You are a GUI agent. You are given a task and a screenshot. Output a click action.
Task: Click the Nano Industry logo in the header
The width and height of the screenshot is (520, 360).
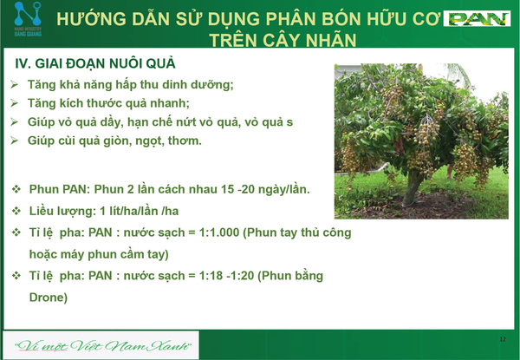click(x=28, y=19)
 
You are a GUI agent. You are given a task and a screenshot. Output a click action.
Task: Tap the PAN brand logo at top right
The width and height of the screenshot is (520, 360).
click(x=477, y=19)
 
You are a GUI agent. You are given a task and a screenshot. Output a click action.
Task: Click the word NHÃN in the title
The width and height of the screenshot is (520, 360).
click(x=331, y=40)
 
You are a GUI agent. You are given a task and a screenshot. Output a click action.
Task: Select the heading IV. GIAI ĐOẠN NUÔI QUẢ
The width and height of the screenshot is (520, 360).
click(x=95, y=63)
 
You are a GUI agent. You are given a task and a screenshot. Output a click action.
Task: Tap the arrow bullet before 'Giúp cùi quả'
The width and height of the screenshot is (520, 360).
click(x=14, y=141)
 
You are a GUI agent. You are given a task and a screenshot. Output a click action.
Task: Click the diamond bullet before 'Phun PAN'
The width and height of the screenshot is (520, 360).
click(x=16, y=189)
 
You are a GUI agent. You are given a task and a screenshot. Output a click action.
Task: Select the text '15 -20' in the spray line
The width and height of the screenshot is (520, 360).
click(x=237, y=189)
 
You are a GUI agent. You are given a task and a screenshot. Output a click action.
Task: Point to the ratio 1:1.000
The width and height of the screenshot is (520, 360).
click(x=219, y=232)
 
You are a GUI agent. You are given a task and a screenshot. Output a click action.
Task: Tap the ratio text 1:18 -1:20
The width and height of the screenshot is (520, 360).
click(x=226, y=276)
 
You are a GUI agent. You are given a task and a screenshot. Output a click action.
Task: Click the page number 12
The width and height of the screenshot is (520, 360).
click(x=503, y=339)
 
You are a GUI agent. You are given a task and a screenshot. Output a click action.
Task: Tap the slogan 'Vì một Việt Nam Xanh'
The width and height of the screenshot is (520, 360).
click(x=103, y=346)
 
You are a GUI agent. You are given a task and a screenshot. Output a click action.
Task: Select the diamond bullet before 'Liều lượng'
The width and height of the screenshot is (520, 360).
click(x=16, y=211)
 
